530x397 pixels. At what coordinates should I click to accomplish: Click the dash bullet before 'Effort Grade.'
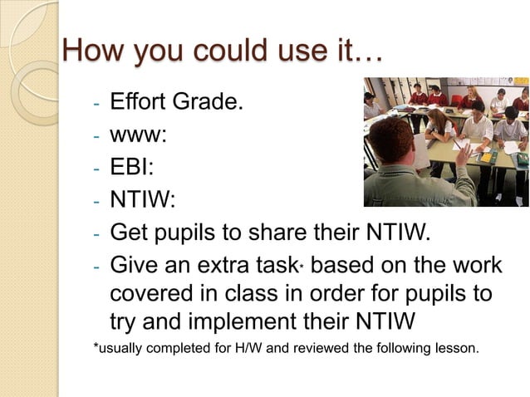[96, 105]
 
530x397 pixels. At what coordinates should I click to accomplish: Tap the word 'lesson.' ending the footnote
[457, 347]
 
